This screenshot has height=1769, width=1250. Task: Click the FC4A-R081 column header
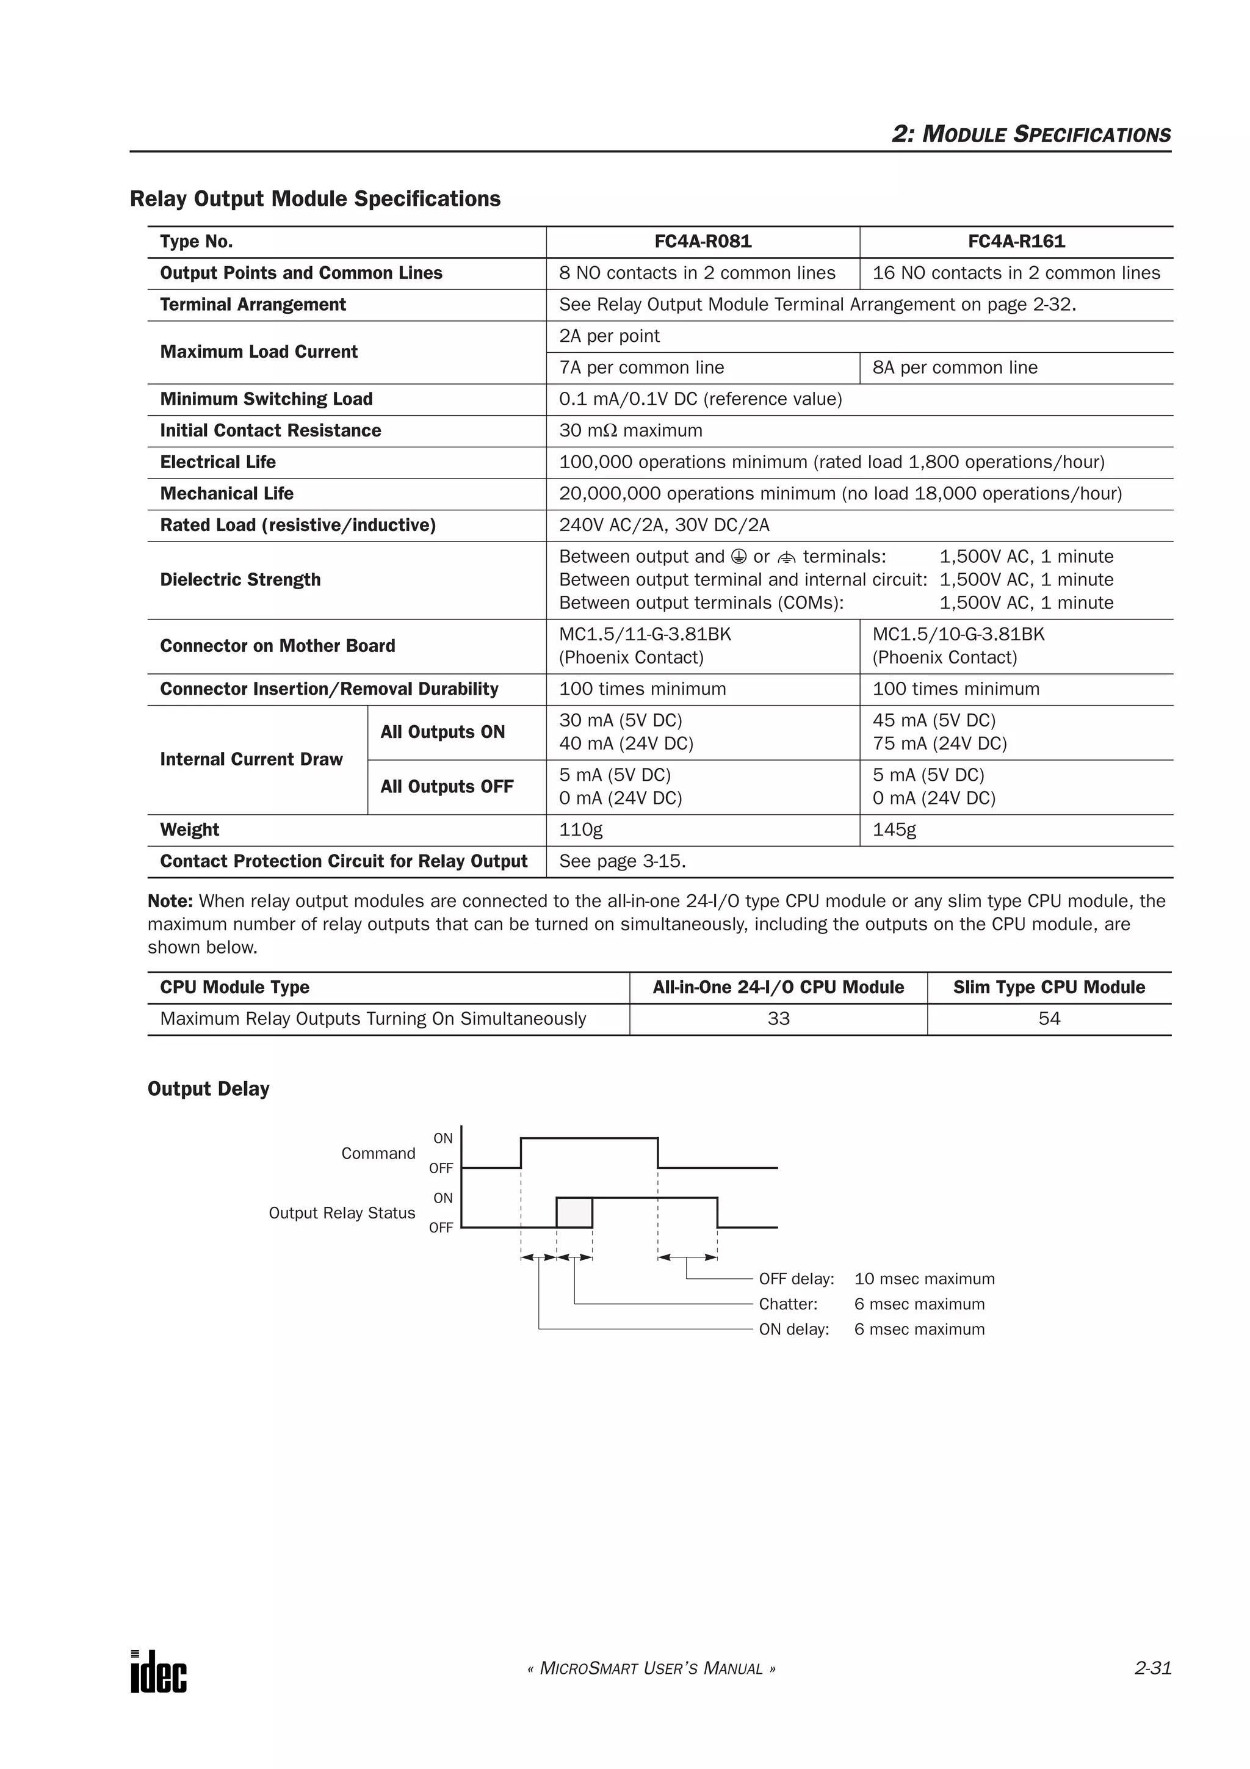point(703,241)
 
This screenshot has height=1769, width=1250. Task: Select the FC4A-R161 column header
point(1016,241)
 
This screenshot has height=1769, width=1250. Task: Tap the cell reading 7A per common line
point(641,367)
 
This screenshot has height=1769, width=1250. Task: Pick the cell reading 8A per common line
point(955,367)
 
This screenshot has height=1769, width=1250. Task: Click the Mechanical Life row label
point(226,493)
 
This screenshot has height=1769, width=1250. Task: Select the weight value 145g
point(894,830)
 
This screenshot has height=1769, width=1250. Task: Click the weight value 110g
point(580,830)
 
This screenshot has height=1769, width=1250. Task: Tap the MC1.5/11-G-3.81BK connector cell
point(645,634)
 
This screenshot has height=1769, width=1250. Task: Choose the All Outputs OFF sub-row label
point(447,787)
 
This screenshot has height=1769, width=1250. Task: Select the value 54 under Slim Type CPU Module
point(1049,1019)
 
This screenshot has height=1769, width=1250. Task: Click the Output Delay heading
point(208,1088)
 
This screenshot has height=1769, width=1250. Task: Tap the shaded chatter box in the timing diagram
point(574,1212)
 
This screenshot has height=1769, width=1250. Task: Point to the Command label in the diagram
point(378,1154)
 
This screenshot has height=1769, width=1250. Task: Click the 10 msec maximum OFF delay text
point(924,1279)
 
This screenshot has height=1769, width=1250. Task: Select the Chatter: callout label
point(788,1304)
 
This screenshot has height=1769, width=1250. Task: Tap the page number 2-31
point(1152,1669)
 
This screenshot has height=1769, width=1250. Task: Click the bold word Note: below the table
point(170,901)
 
